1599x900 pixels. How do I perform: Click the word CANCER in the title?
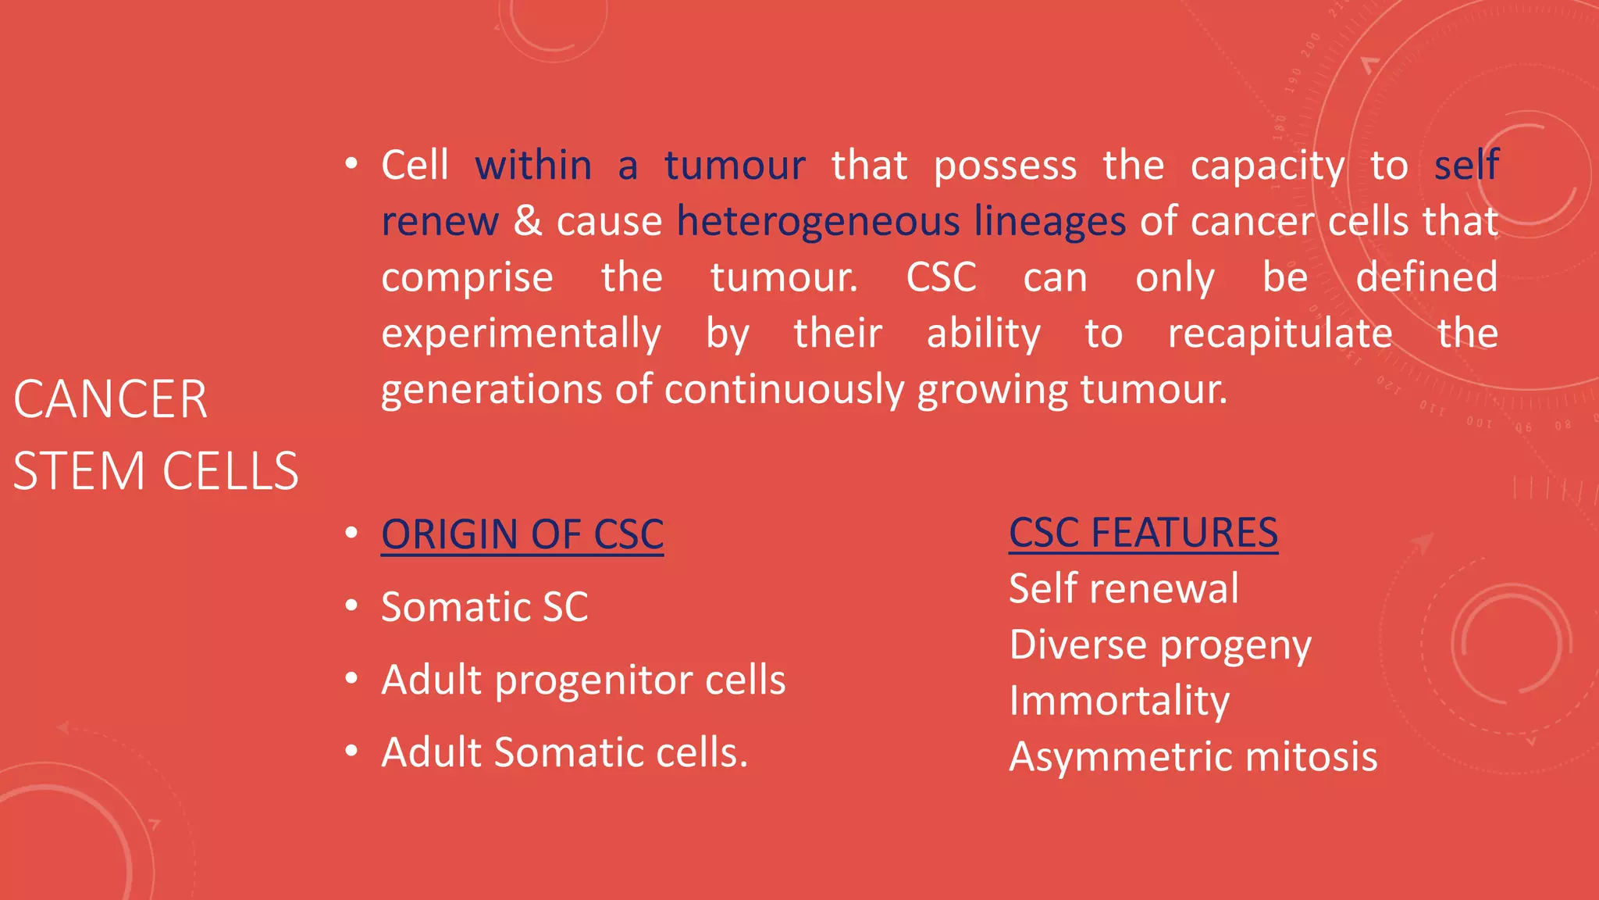point(110,400)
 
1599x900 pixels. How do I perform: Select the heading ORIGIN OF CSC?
point(522,535)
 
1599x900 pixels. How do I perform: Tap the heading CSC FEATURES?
point(1143,534)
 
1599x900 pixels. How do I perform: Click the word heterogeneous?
point(817,222)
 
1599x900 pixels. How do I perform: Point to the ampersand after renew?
point(528,221)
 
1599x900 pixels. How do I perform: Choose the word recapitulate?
point(1280,334)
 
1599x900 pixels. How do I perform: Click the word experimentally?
point(521,334)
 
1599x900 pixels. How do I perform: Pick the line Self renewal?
point(1123,589)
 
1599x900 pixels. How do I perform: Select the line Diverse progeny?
point(1159,645)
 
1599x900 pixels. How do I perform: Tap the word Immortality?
point(1119,701)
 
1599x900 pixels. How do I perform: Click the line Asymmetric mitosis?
point(1192,757)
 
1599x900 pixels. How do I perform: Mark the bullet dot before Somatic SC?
point(351,605)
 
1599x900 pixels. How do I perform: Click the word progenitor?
point(594,680)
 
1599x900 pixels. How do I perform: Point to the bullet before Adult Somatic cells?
point(351,751)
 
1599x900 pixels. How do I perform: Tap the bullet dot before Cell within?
point(351,164)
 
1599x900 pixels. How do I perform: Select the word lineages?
point(1049,222)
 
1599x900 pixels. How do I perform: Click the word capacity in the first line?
point(1267,166)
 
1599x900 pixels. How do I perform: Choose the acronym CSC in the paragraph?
point(941,277)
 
